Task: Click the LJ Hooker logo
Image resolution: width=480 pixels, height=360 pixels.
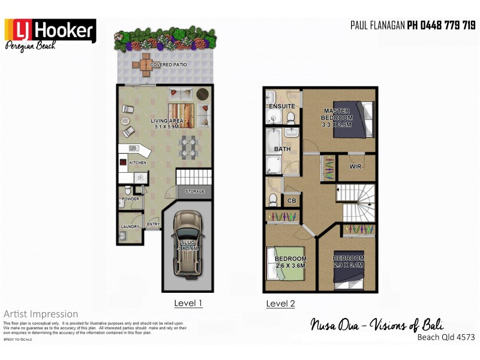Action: [50, 31]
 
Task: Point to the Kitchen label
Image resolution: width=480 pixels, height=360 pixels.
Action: [138, 163]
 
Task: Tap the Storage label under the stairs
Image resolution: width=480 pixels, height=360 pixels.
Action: [195, 191]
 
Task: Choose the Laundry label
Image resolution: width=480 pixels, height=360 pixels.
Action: [130, 226]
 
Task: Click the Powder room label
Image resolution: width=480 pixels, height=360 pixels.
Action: [130, 199]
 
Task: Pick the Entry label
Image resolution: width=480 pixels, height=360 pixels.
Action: [153, 224]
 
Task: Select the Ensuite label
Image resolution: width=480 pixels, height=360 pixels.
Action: [282, 106]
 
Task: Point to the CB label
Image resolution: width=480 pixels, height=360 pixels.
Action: [292, 201]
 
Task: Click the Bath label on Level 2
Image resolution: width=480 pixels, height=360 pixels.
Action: [282, 149]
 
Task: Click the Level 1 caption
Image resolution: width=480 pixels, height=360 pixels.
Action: [188, 303]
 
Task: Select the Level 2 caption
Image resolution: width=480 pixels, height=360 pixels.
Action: [280, 304]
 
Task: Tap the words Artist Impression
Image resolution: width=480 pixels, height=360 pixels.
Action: [41, 314]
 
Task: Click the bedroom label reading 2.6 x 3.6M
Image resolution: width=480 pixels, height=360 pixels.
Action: [290, 262]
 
